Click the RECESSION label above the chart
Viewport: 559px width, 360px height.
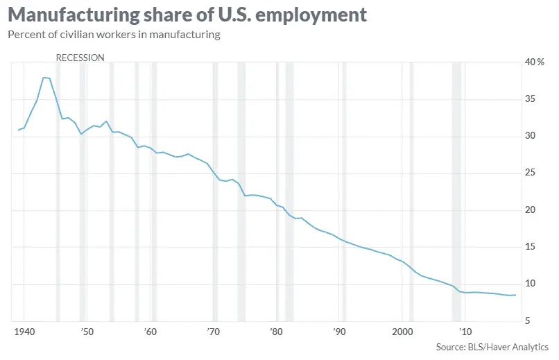coord(80,58)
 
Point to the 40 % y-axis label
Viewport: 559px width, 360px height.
coord(534,62)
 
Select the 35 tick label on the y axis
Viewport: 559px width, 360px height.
coord(530,99)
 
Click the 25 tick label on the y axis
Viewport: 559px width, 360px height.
coord(530,173)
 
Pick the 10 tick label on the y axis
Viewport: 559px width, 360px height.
coord(530,283)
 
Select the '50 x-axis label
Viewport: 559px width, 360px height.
coord(86,330)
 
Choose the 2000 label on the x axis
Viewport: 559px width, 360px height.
coord(402,330)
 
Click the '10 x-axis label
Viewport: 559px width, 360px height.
coord(465,330)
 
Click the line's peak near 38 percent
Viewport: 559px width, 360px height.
coord(44,78)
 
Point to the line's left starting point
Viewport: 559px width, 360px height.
coord(19,130)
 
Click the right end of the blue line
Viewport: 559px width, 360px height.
coord(515,295)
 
